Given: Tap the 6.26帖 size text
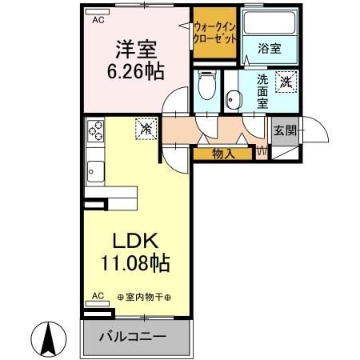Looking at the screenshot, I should point(135,71).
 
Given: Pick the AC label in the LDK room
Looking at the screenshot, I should point(98,295).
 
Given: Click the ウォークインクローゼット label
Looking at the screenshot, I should point(215,32).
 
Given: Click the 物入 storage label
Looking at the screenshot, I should point(223,153).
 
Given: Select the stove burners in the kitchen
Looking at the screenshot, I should point(97,130).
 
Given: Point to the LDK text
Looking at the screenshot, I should point(135,241).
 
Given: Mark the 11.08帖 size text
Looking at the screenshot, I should point(135,262).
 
